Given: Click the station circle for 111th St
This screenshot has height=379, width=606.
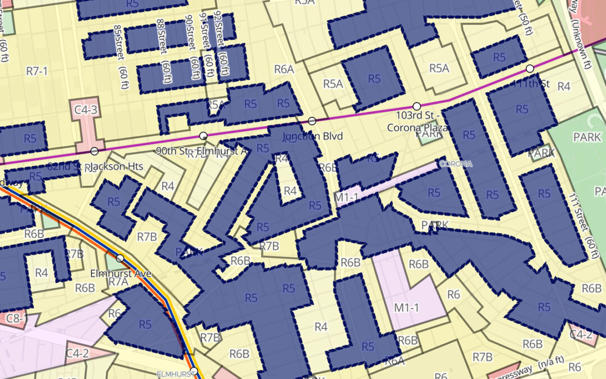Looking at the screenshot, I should (530, 69).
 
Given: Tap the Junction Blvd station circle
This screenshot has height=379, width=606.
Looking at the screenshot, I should (312, 121).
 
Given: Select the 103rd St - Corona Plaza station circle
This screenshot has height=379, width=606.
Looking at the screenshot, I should (416, 106).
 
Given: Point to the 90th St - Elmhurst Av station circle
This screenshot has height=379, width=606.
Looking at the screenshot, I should (203, 136).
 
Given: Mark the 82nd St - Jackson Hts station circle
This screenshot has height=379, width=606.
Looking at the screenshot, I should (94, 150).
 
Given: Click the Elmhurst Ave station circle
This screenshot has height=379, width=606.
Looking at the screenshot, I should (120, 258).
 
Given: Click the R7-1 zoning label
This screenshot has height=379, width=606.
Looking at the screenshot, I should (38, 70).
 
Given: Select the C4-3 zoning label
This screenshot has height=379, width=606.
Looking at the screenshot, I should (86, 110).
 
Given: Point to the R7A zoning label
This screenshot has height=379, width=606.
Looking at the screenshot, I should (118, 282).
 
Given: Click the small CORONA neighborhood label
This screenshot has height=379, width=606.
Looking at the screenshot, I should (454, 164).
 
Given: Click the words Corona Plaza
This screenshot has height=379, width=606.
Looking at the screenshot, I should (418, 127).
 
